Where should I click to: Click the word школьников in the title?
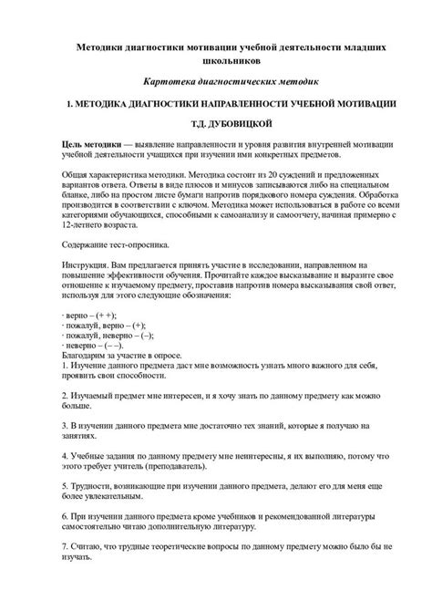[216, 60]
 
